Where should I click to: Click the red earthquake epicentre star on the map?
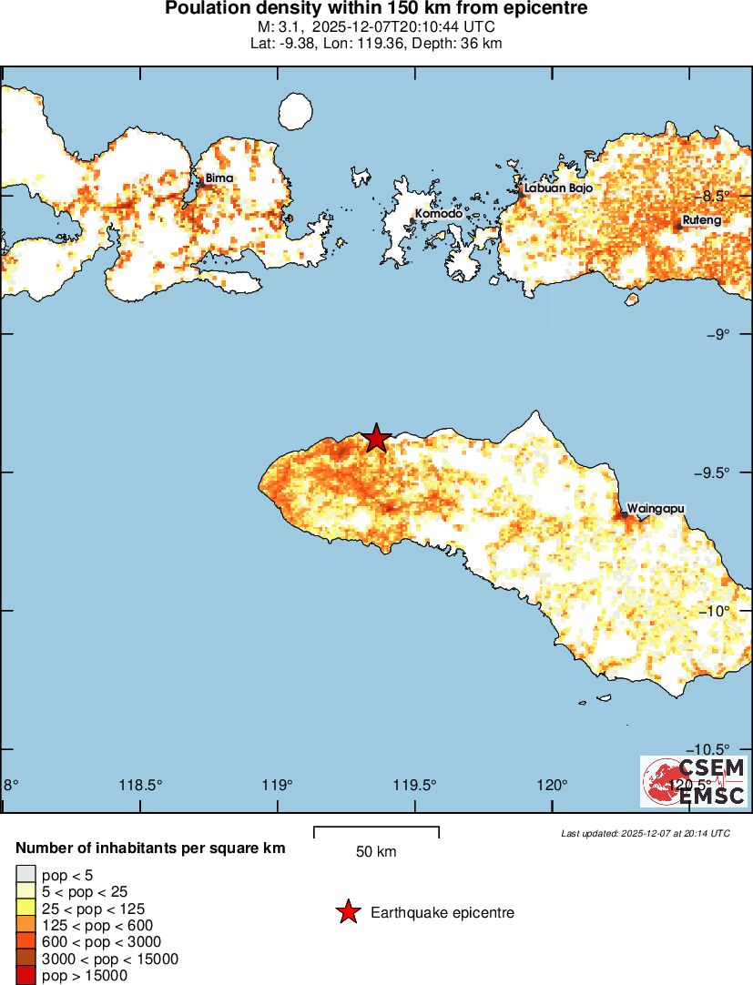coord(376,438)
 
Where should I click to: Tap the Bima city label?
coord(219,178)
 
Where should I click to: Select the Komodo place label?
coord(438,215)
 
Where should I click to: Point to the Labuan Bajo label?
coord(558,188)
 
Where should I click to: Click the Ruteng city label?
coord(701,220)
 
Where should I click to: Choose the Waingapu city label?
coord(656,508)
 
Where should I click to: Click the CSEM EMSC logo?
coord(694,782)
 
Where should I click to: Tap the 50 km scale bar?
coord(376,832)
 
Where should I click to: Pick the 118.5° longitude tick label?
coord(142,786)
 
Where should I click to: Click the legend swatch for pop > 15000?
coord(25,975)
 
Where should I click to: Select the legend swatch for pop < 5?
coord(25,875)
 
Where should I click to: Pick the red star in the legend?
coord(347,912)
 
